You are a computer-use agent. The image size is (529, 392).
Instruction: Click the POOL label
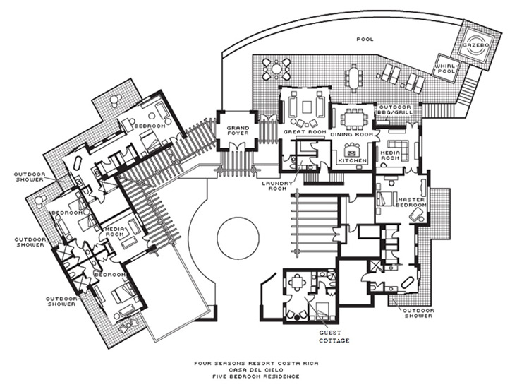pos(365,39)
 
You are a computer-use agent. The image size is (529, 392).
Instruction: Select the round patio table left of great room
pos(272,69)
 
